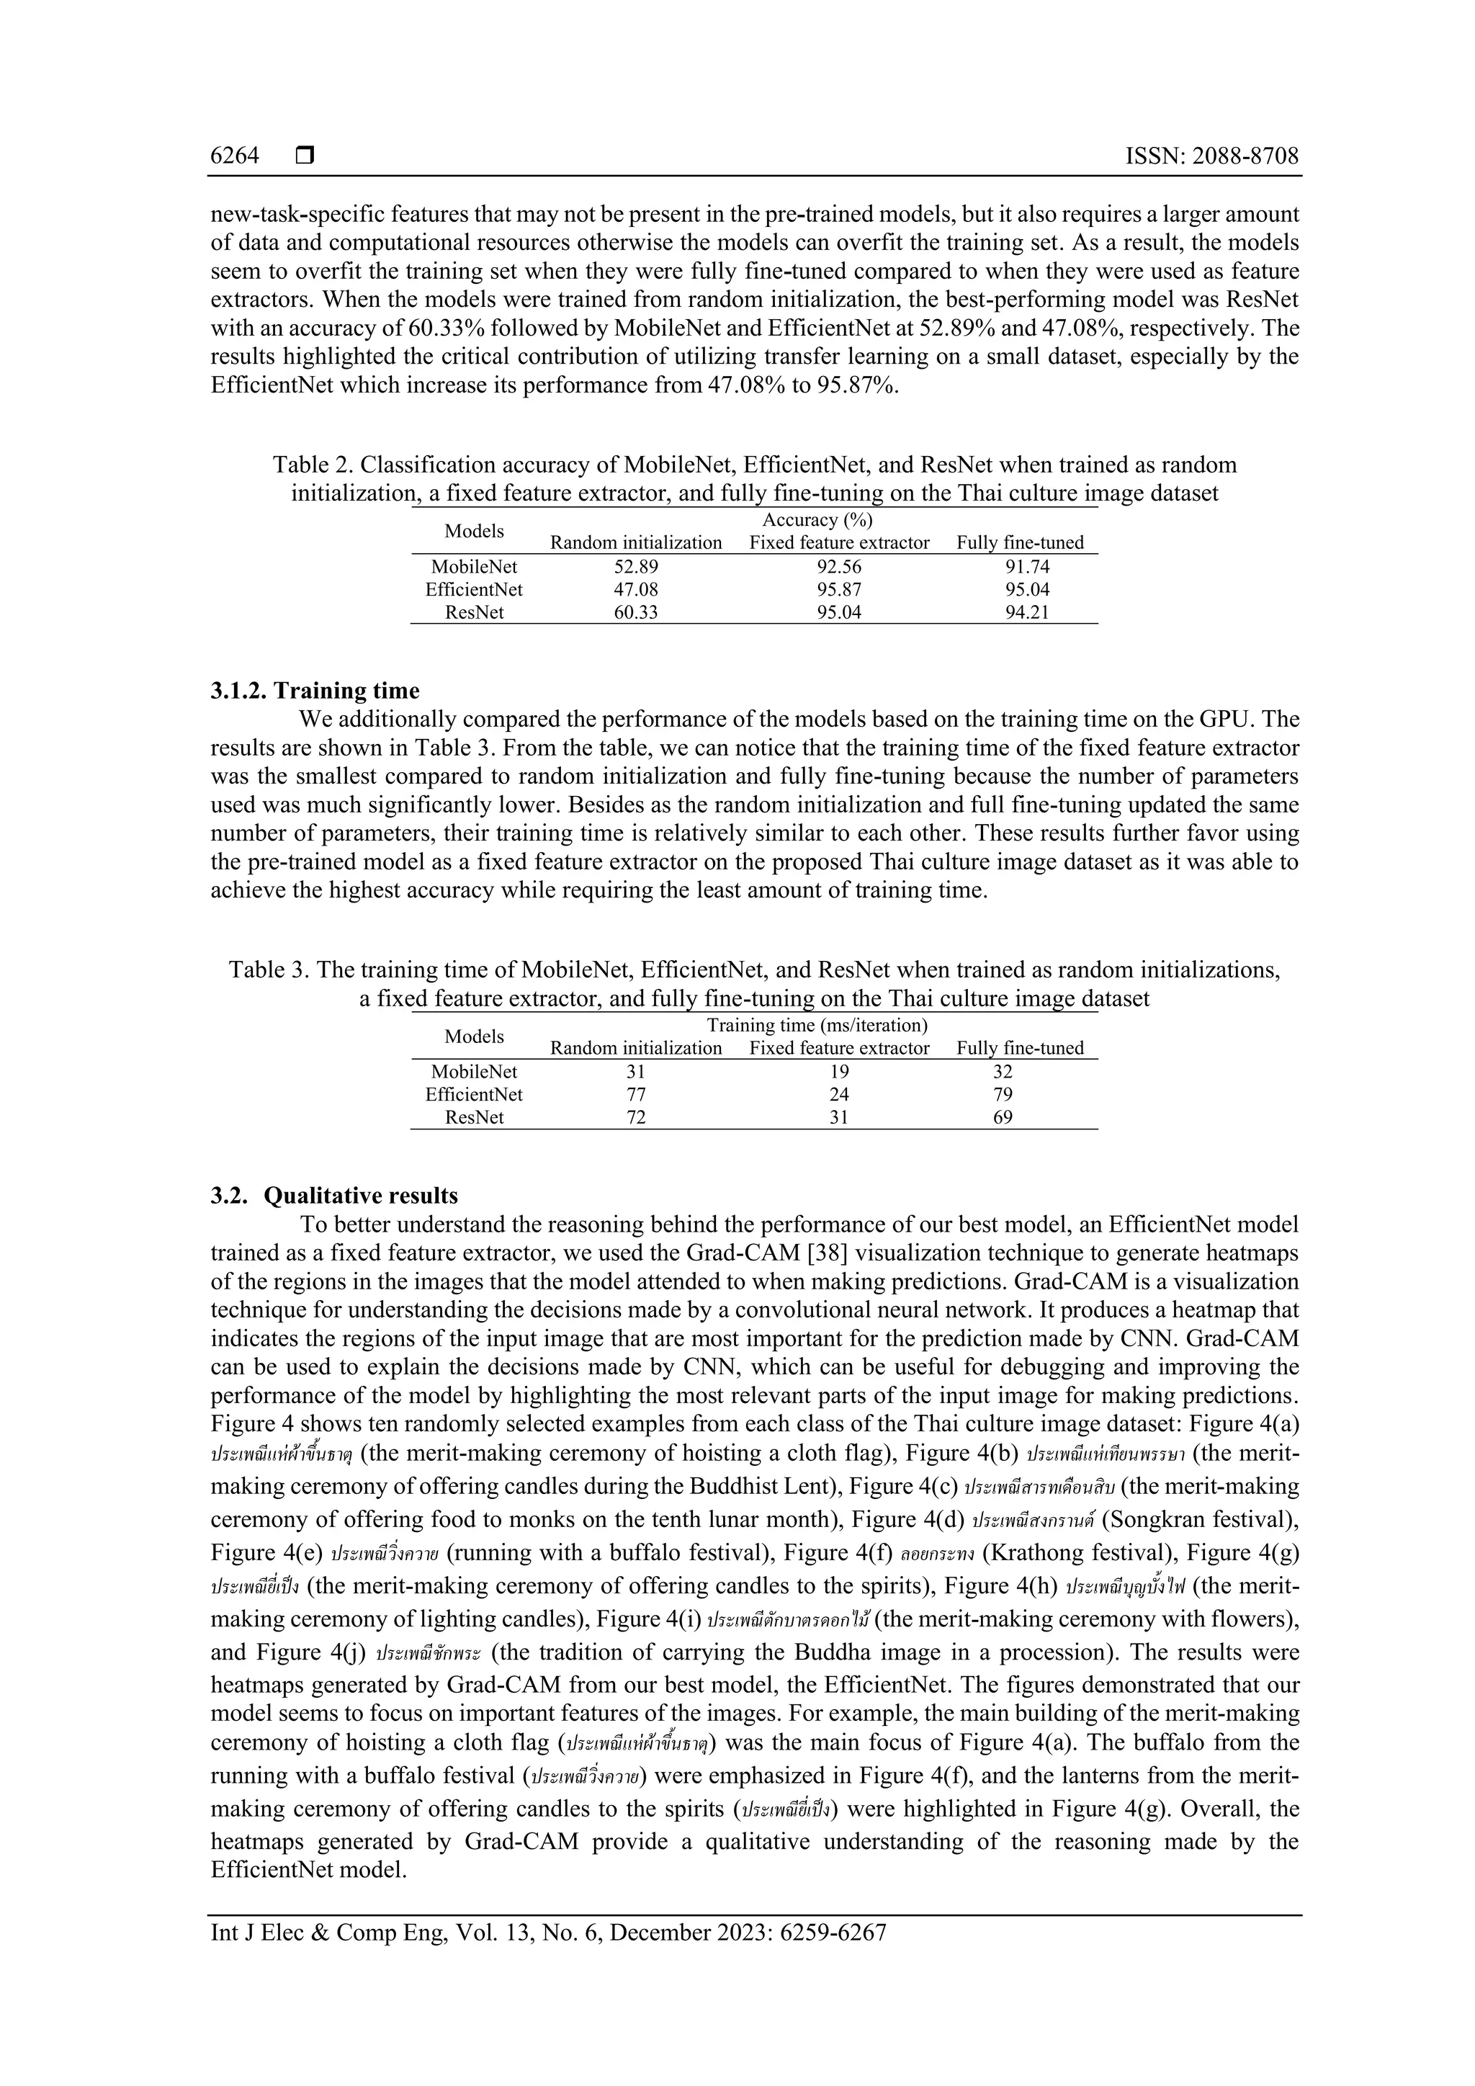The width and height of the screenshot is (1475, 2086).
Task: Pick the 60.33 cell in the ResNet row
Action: (x=636, y=612)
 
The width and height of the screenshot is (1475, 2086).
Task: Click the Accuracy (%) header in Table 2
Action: (x=817, y=519)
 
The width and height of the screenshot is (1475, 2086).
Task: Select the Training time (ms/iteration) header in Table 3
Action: (x=817, y=1025)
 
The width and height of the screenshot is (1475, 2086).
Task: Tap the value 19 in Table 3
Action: (x=838, y=1072)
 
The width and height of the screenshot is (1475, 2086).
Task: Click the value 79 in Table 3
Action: (x=1003, y=1095)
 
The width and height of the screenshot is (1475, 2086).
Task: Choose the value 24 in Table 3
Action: (x=838, y=1095)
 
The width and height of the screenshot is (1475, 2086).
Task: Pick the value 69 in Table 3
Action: (x=1003, y=1117)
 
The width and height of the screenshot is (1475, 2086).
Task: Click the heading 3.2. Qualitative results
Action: (x=334, y=1196)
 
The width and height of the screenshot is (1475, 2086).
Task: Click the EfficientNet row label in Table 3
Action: (x=474, y=1095)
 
